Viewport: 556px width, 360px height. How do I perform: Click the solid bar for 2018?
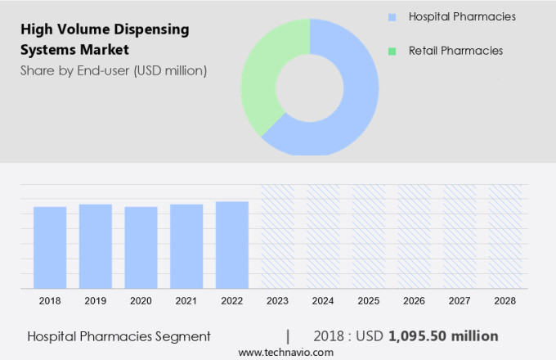(x=50, y=247)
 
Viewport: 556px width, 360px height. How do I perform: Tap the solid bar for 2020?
(x=141, y=247)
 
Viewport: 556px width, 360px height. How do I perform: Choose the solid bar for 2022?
(x=232, y=245)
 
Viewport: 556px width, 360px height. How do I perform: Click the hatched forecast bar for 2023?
(x=277, y=236)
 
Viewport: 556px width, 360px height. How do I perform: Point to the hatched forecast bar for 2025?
(x=369, y=236)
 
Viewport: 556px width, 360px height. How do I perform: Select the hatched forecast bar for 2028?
(x=505, y=236)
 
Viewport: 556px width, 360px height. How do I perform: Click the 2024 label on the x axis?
(x=323, y=301)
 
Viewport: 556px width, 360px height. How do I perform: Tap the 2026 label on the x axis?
(x=415, y=301)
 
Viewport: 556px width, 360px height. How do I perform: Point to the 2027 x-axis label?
(x=460, y=301)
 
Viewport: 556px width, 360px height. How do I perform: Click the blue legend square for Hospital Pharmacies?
(x=392, y=16)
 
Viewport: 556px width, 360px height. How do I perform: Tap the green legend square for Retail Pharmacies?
(x=392, y=51)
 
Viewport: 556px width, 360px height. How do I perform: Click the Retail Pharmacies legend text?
(x=455, y=51)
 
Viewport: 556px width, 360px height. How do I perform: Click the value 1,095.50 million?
(x=443, y=335)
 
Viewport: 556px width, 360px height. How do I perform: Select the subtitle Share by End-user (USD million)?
(x=114, y=70)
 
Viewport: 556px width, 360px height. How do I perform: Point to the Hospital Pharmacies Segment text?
(x=119, y=335)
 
